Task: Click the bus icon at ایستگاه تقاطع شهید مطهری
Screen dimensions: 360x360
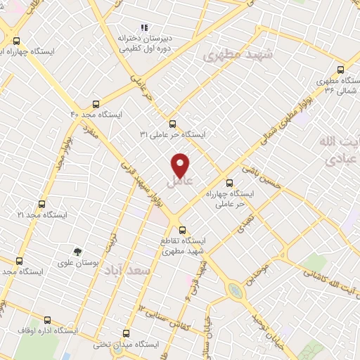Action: [181, 230]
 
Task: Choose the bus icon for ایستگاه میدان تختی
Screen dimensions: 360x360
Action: [126, 333]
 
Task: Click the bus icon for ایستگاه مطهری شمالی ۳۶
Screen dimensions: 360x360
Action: [341, 69]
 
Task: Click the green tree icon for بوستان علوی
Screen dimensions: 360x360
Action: [77, 250]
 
